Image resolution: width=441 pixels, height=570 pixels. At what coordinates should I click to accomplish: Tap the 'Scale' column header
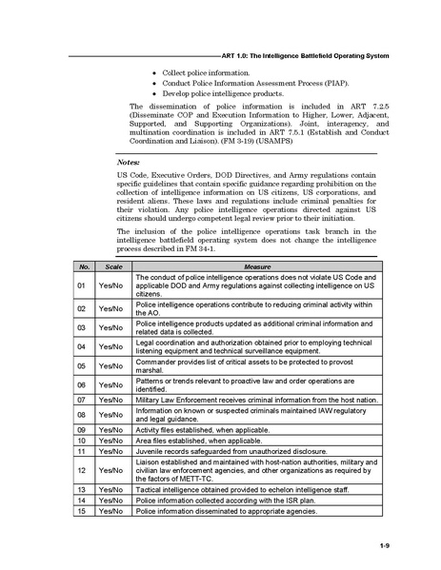(113, 268)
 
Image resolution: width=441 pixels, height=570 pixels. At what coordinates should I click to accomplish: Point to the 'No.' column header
(83, 268)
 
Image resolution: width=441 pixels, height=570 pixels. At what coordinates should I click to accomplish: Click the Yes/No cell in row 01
(113, 286)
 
